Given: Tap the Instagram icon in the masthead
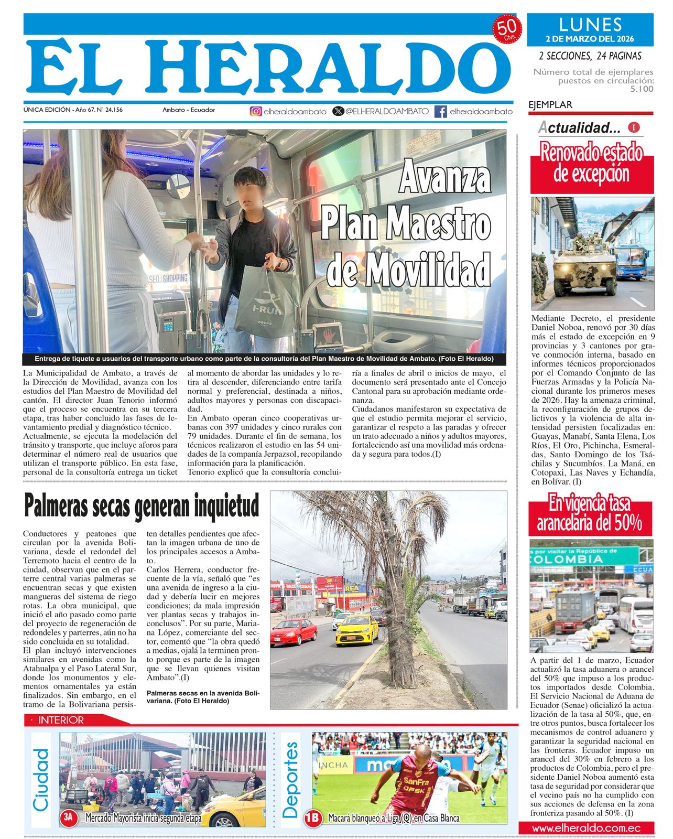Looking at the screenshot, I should [x=255, y=111].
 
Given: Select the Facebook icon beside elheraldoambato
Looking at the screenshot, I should [x=441, y=111].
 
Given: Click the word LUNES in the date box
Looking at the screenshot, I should [x=590, y=25].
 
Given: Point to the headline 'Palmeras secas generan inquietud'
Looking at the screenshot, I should [x=142, y=506].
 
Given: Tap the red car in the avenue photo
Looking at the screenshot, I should [x=294, y=631].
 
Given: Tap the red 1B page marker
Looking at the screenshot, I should [x=313, y=818].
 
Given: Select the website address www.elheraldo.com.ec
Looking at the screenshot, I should [x=586, y=829].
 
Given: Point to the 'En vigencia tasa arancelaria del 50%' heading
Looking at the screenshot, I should [x=590, y=513].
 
